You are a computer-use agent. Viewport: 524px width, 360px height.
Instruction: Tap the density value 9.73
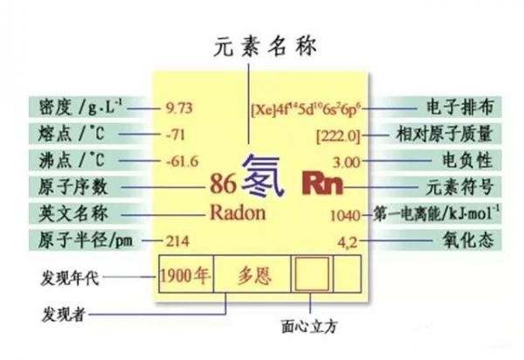[181, 109]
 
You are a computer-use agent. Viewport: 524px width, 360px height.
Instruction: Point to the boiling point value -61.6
[182, 162]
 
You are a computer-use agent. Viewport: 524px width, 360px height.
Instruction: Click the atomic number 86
[224, 184]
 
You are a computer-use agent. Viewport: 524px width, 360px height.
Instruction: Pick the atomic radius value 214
[177, 240]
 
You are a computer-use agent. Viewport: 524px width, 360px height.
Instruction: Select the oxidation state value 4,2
[347, 240]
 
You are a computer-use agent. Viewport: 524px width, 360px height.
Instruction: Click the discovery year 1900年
[186, 277]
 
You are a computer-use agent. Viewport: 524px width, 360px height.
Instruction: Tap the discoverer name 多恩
[254, 277]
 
